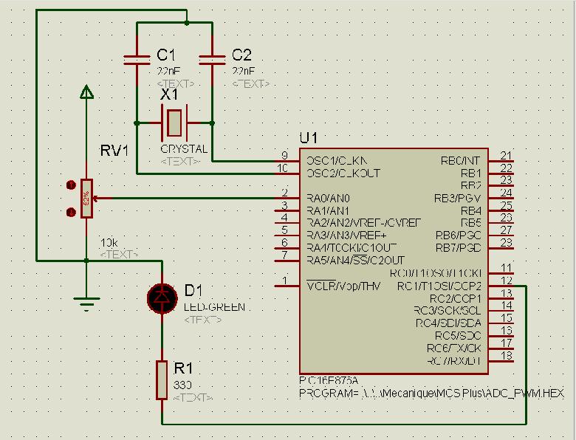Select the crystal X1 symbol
[x=174, y=122]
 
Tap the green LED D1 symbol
[x=162, y=296]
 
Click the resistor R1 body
[x=162, y=380]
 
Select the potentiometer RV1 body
[x=86, y=199]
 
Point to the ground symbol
[x=86, y=300]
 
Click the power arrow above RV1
[x=86, y=92]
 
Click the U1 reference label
[x=308, y=139]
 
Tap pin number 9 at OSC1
[x=284, y=155]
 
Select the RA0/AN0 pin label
[x=328, y=198]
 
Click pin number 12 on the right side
[x=506, y=280]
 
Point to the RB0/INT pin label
[x=460, y=160]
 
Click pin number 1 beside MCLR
[x=285, y=281]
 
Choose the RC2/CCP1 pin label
[x=455, y=298]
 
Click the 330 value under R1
[x=182, y=385]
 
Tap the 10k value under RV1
[x=109, y=243]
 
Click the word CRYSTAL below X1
[x=184, y=149]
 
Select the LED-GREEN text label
[x=215, y=307]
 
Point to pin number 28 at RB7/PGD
[x=506, y=242]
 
